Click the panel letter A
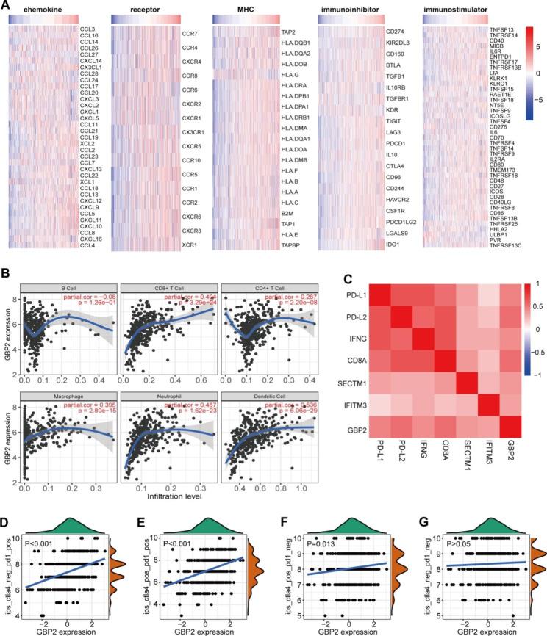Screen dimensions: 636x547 pyautogui.click(x=6, y=6)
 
